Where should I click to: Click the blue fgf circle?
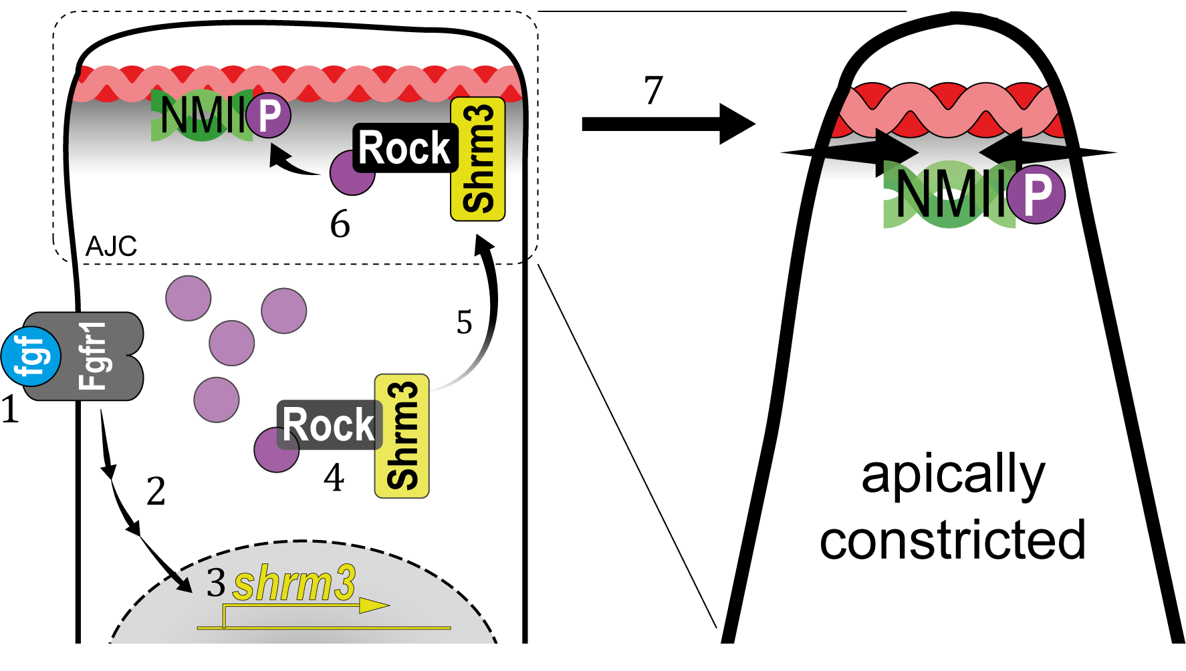(x=31, y=356)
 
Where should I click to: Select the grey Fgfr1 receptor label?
(x=92, y=356)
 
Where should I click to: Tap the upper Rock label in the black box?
(x=404, y=148)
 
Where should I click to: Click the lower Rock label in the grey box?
(x=328, y=425)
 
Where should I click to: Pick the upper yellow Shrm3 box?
(x=478, y=159)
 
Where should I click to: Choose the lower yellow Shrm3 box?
(x=402, y=436)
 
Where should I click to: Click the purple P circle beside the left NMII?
(x=268, y=116)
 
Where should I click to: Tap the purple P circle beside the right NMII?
(x=1036, y=194)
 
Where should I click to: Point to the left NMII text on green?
(x=201, y=116)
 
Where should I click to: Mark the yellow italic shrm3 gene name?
(x=294, y=583)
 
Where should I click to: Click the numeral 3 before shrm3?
(x=215, y=583)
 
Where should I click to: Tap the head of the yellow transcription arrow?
(x=374, y=606)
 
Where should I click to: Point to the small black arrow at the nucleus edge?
(x=182, y=582)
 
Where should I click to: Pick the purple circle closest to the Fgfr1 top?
(x=188, y=298)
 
